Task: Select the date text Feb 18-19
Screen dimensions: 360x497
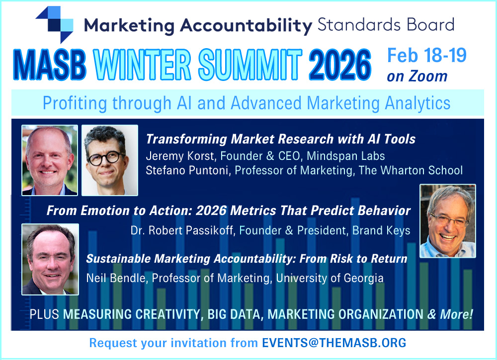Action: (426, 55)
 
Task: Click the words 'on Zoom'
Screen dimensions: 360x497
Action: (417, 76)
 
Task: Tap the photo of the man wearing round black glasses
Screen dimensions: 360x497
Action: (109, 160)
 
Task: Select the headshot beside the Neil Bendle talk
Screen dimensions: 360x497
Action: (50, 259)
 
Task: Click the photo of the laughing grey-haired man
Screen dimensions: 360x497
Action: (447, 221)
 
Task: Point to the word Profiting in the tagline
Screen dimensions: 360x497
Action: (75, 103)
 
